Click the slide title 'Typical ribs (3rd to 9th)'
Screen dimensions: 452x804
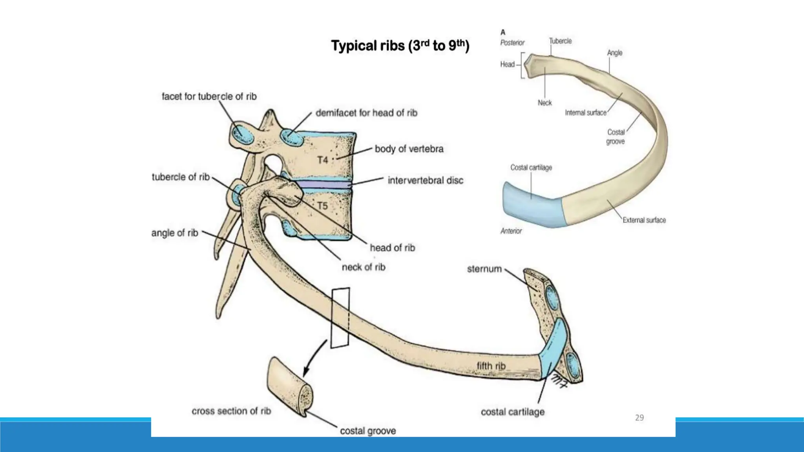point(400,46)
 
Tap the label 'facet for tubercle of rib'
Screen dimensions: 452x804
point(209,97)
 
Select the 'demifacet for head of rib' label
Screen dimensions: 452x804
point(366,113)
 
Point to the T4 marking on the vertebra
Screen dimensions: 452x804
point(323,160)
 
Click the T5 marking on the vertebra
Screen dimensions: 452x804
point(322,206)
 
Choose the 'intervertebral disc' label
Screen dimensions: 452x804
point(426,180)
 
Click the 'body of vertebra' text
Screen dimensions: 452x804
point(409,149)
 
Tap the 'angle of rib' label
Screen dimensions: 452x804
point(175,233)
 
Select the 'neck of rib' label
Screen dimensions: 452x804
point(364,267)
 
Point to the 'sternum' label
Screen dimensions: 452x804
point(484,269)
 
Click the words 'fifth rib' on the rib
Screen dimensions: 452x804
point(491,366)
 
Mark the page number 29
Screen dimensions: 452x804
point(640,418)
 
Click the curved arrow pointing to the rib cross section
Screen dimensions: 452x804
point(314,359)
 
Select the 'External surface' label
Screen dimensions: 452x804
point(644,220)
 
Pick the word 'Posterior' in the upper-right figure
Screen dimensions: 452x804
point(512,43)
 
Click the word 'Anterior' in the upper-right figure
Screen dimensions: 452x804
point(511,231)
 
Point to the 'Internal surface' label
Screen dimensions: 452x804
point(586,113)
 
